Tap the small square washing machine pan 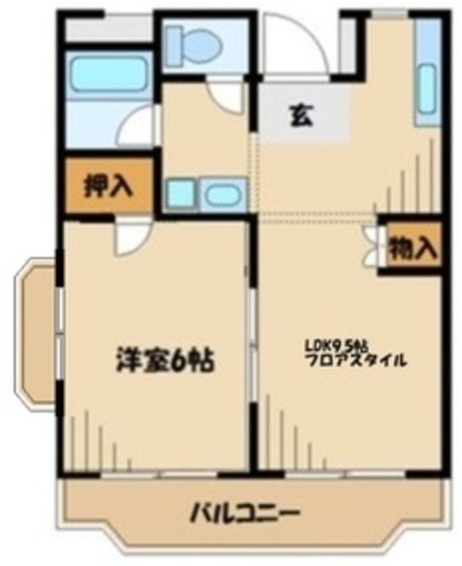click(x=179, y=193)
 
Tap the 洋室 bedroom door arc click(x=133, y=237)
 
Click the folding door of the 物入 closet click(x=372, y=248)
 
